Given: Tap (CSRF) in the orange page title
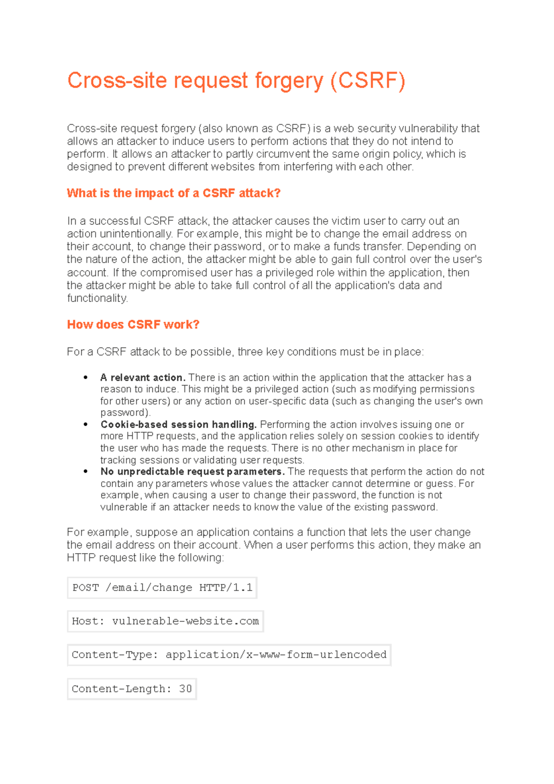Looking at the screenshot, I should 367,81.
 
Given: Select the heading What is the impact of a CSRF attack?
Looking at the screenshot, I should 174,193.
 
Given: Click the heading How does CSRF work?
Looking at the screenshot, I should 133,325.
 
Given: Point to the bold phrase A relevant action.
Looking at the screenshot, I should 143,378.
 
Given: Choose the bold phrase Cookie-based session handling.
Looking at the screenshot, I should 178,424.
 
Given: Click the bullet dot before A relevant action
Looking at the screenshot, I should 86,378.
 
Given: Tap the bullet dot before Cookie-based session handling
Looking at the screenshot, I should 86,424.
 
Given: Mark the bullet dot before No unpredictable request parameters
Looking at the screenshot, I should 86,471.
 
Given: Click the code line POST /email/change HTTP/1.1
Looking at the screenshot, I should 162,588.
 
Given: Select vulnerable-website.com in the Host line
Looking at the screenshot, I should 185,621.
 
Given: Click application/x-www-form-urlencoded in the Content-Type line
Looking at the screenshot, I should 276,655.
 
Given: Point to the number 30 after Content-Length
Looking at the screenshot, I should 185,689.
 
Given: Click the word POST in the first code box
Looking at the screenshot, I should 85,588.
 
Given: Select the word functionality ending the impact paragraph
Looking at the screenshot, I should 97,298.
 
